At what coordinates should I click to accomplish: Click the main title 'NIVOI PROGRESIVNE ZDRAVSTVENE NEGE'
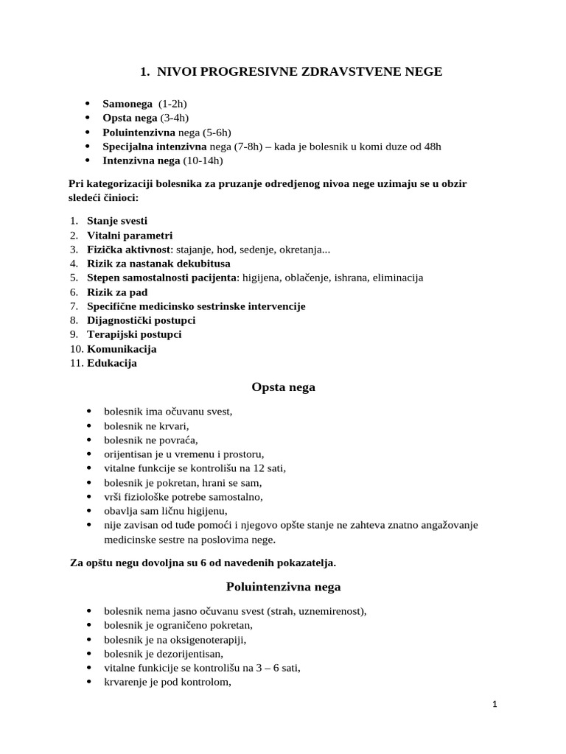299,71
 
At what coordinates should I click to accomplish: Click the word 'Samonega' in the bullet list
127,104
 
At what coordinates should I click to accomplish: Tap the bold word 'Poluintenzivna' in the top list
139,133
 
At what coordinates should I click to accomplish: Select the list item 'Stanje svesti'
117,221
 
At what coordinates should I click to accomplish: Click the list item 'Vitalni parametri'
130,235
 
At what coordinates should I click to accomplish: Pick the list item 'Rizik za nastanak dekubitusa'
158,264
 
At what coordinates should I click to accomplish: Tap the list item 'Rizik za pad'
117,292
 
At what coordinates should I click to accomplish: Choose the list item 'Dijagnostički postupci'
141,320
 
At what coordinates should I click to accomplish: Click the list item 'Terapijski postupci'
134,334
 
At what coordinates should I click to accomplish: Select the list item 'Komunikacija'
122,349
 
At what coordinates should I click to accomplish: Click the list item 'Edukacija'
112,363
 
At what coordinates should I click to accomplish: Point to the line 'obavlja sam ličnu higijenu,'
166,510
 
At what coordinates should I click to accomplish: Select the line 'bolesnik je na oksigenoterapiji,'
175,639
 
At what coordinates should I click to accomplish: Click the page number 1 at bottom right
495,705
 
